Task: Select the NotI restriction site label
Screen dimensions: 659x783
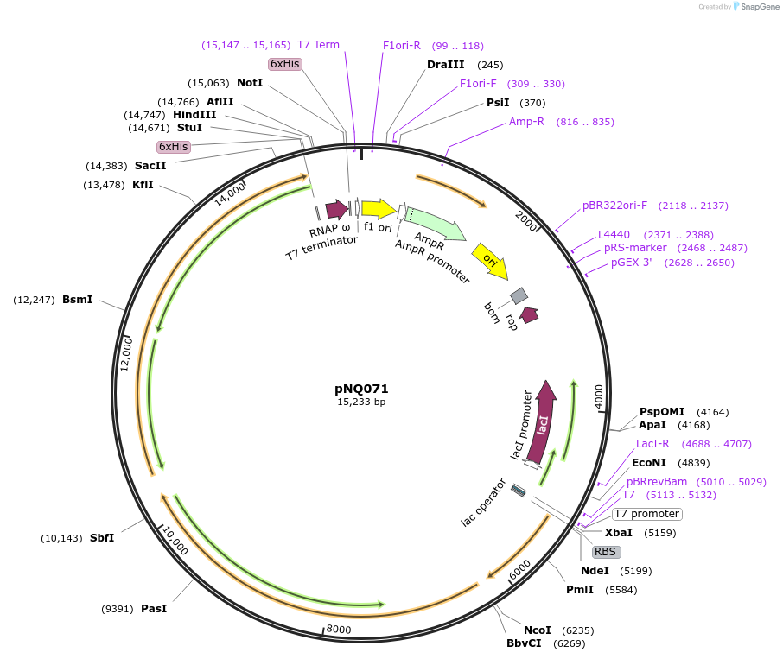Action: (x=250, y=83)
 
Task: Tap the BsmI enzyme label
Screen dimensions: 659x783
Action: (x=77, y=300)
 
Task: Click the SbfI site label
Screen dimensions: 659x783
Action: (x=102, y=538)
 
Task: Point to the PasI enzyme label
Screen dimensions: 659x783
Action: (x=154, y=609)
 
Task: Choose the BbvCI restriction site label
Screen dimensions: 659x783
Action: (x=524, y=643)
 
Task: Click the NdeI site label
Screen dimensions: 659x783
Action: (x=595, y=571)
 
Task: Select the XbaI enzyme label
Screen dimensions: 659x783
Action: (x=618, y=533)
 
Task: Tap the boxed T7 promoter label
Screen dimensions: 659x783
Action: (x=647, y=514)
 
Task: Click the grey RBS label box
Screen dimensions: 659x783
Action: (x=606, y=552)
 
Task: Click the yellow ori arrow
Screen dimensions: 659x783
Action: (x=490, y=260)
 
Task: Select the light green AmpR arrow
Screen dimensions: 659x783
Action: (x=436, y=224)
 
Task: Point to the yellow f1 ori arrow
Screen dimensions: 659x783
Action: (x=379, y=209)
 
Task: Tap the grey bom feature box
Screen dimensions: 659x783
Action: (x=519, y=295)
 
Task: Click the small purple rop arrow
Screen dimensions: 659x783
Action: (x=528, y=315)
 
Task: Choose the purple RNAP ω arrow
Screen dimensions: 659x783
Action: (x=336, y=209)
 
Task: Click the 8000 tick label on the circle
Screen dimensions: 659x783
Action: (x=339, y=630)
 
